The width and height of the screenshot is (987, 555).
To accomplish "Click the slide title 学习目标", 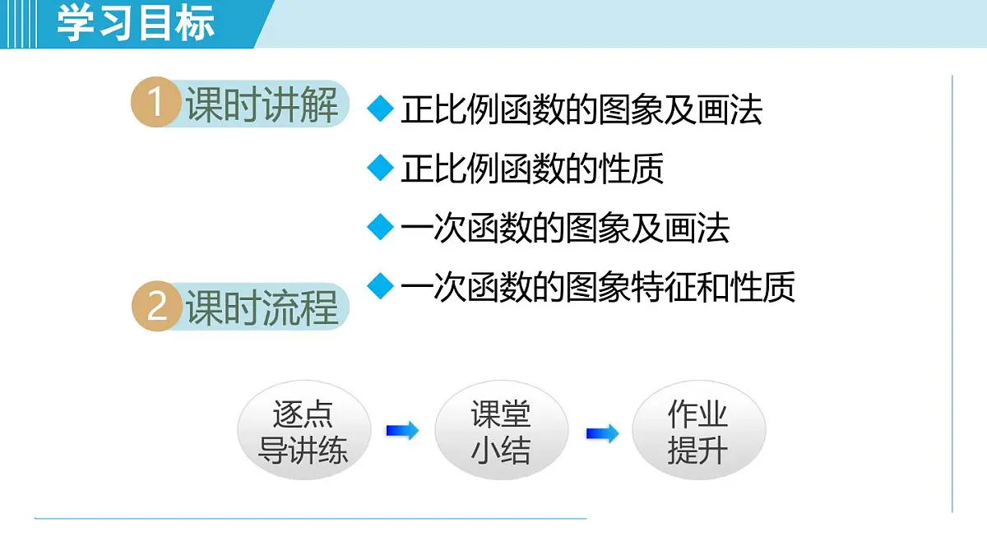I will point(136,23).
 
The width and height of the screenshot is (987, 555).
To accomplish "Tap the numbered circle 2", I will point(156,308).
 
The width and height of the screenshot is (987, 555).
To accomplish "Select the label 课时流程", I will point(262,308).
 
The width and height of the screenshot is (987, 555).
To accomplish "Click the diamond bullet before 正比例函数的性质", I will point(380,168).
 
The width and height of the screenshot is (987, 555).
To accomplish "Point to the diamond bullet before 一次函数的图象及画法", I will point(380,227).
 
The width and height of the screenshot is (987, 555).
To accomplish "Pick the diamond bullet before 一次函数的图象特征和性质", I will point(380,286).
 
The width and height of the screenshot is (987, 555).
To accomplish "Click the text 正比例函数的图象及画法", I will point(582,109).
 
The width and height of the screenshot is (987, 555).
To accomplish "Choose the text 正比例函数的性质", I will point(532,169).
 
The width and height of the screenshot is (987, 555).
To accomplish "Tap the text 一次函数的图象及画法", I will point(565,228).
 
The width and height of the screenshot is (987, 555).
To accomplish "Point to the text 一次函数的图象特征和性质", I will point(598,287).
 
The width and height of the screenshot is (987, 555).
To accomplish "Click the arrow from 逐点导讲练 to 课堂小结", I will point(402,430).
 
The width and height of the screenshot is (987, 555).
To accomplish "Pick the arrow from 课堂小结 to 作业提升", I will point(602,432).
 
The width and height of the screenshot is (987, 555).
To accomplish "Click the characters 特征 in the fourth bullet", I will point(664,287).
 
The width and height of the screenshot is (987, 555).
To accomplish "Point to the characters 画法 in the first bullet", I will point(730,109).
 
